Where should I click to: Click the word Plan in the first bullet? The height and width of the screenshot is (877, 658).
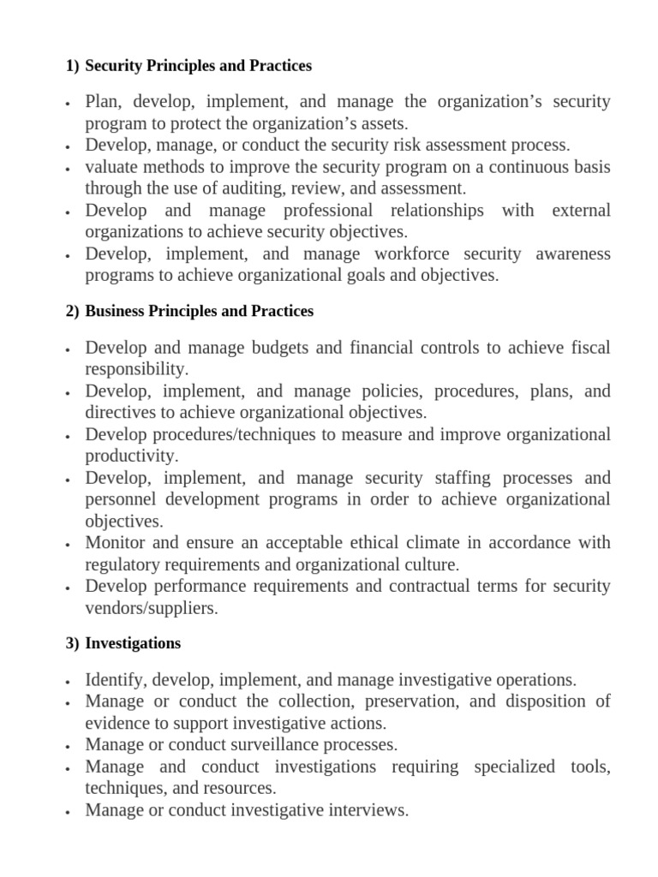click(103, 102)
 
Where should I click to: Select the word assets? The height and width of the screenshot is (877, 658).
click(358, 123)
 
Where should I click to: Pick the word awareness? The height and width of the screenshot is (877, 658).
click(573, 254)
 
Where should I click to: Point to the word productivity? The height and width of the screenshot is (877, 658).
click(131, 456)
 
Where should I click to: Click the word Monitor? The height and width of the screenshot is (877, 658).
click(117, 543)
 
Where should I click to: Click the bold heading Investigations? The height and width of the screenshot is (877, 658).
click(133, 642)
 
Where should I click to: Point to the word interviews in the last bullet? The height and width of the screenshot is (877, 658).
click(363, 809)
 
